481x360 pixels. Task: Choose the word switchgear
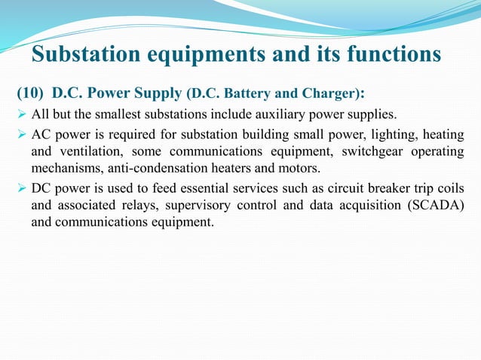pos(356,151)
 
